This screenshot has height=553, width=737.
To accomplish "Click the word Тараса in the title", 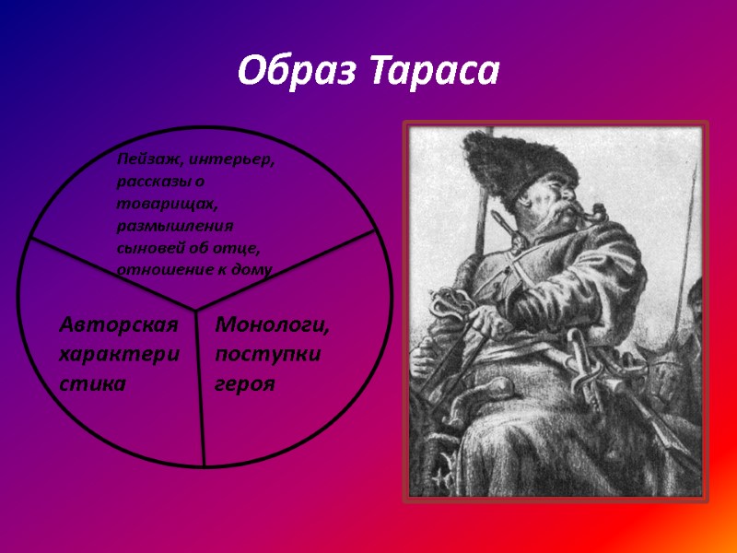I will click(x=433, y=70).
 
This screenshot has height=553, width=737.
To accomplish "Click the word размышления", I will click(x=175, y=225).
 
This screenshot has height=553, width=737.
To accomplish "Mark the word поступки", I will click(x=267, y=354).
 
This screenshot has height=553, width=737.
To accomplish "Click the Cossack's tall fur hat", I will click(x=521, y=161).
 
